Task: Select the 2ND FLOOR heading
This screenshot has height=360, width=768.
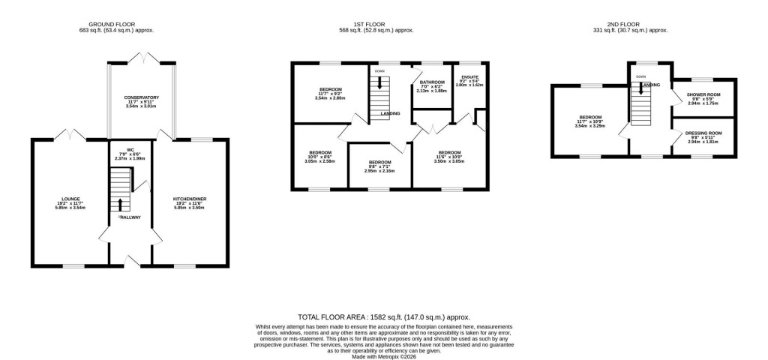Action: point(637,24)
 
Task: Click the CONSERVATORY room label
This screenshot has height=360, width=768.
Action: point(142,97)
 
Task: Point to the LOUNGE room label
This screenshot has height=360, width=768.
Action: point(72,199)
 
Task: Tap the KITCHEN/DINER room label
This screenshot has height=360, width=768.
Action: point(190,199)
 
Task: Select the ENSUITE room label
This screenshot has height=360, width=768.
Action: point(469,76)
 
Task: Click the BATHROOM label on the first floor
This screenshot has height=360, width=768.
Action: point(432,82)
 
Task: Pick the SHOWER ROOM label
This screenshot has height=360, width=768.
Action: point(703,94)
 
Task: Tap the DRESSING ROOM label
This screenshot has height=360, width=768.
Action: point(703,133)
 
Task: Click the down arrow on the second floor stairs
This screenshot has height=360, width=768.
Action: point(641,88)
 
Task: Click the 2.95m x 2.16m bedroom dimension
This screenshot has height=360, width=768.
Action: point(379,171)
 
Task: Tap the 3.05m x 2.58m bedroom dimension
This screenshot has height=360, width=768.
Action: point(320,160)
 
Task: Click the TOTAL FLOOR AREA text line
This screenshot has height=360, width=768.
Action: point(384,318)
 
